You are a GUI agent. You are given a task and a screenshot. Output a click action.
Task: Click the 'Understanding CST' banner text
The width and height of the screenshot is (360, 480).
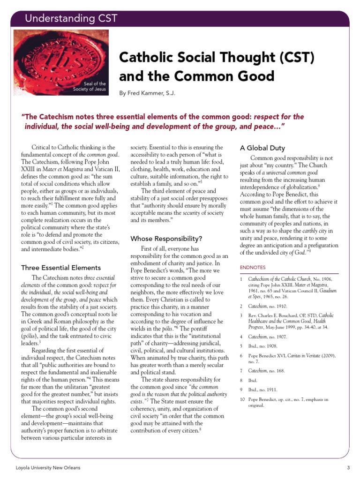click(x=71, y=19)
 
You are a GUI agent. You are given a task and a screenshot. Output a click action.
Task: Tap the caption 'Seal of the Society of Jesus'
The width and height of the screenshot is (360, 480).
click(x=92, y=86)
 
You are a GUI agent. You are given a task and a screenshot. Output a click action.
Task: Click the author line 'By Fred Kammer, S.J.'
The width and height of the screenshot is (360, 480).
click(x=147, y=94)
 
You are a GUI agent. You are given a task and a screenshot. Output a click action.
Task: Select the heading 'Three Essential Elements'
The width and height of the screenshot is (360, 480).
click(x=61, y=268)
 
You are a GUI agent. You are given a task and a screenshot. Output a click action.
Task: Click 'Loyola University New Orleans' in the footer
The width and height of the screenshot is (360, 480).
click(x=48, y=468)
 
